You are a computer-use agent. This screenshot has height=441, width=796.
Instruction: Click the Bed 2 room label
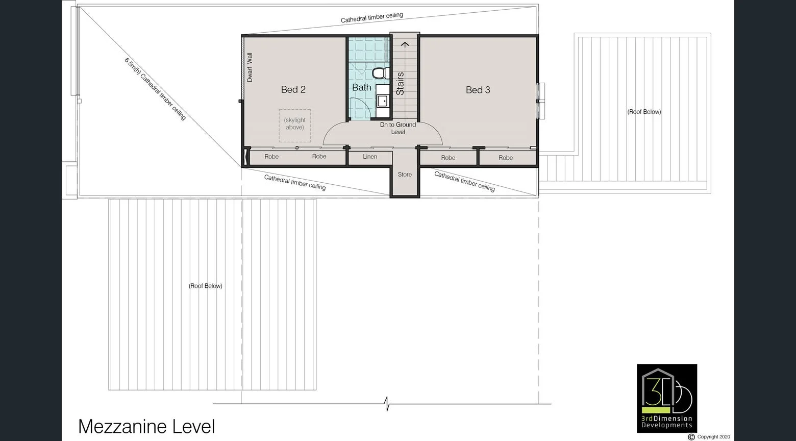point(293,89)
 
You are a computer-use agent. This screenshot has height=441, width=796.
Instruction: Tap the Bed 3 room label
point(478,90)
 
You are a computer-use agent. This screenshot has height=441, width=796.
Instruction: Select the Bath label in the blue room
point(362,87)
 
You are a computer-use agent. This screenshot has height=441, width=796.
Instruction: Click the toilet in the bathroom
point(380,73)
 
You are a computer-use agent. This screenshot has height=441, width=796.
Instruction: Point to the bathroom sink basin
point(382,101)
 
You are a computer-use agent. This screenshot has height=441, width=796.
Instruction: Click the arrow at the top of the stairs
point(405,44)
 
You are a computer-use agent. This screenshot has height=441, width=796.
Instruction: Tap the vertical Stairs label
point(400,84)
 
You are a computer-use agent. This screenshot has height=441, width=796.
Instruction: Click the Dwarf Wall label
point(250,67)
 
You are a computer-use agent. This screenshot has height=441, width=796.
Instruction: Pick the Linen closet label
point(370,156)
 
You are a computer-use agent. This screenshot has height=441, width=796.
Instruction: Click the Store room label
point(405,175)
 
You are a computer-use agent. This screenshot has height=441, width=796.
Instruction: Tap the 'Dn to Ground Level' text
point(398,128)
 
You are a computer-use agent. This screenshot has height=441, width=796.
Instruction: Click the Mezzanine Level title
point(146,426)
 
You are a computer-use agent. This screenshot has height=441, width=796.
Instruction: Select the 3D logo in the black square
point(667,398)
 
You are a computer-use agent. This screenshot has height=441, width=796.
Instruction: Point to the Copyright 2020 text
point(713,437)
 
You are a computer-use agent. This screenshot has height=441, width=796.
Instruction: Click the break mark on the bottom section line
point(387,404)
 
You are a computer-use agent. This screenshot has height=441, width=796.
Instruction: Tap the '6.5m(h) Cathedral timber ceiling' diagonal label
point(155,89)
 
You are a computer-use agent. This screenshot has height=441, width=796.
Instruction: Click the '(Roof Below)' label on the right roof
point(644,112)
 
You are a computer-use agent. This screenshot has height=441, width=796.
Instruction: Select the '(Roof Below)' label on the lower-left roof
point(206,286)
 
